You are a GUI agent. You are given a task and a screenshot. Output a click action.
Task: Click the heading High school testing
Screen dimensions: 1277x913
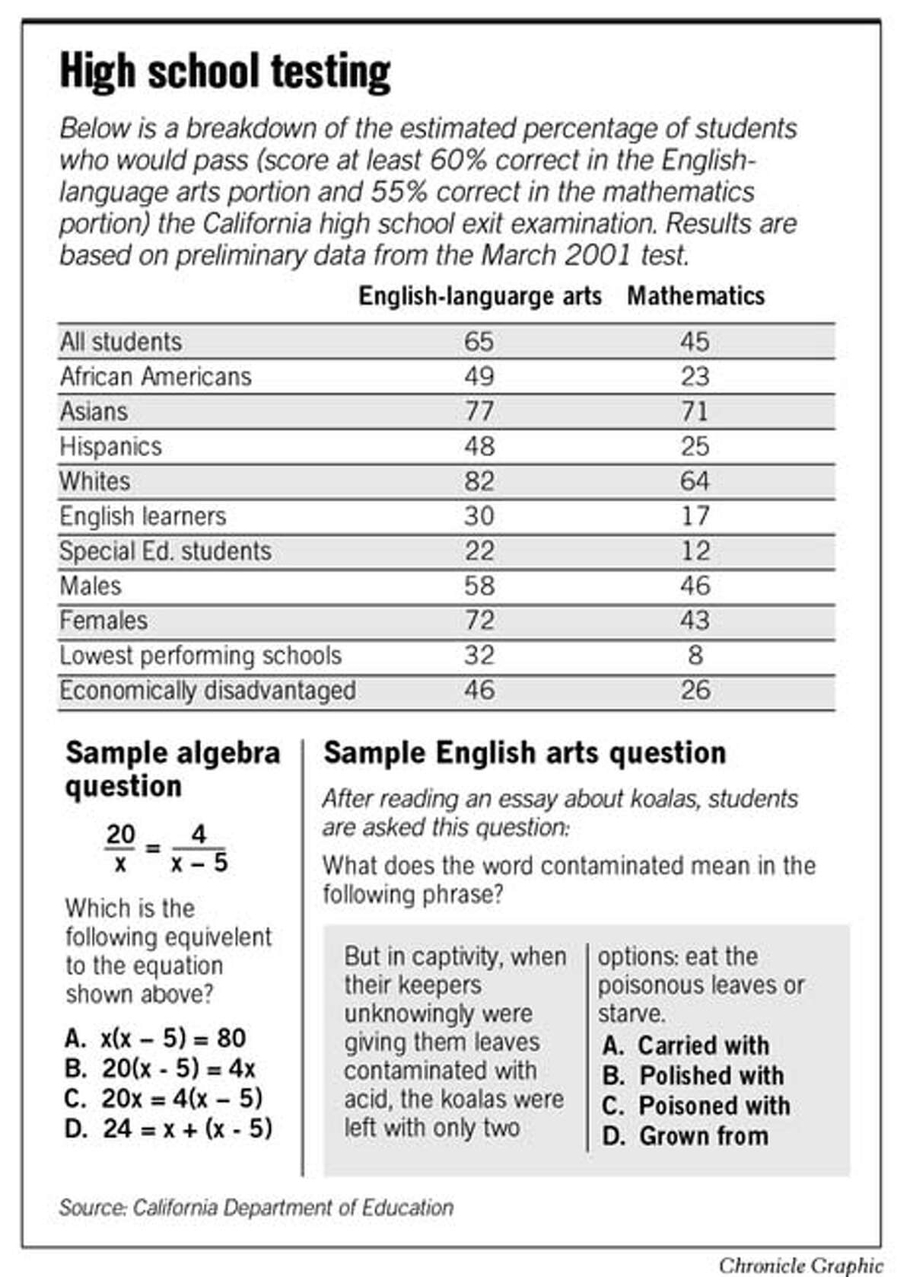(x=225, y=72)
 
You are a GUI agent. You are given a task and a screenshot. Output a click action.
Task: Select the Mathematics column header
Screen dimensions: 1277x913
(x=695, y=296)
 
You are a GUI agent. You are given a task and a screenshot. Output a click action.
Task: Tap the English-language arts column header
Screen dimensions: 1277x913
(x=480, y=296)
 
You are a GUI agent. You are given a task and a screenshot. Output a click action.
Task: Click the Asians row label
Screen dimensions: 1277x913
(x=94, y=411)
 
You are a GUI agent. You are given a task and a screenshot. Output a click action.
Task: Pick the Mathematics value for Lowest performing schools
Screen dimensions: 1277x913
(x=695, y=656)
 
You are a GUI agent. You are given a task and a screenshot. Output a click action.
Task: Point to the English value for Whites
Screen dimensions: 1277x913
(x=479, y=481)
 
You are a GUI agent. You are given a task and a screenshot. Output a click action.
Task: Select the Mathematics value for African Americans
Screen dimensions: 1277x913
(x=695, y=376)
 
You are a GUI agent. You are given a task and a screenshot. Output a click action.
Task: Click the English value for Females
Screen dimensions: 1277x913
(x=479, y=621)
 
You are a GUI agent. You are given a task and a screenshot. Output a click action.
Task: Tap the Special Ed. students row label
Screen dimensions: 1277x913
(x=165, y=551)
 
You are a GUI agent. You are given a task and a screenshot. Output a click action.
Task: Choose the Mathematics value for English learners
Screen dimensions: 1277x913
(x=695, y=516)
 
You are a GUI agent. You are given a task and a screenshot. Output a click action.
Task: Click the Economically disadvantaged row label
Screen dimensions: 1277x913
(x=208, y=691)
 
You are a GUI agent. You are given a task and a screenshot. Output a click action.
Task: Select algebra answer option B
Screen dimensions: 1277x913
(x=161, y=1068)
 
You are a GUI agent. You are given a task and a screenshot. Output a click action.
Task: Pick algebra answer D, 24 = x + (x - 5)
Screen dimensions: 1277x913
(x=168, y=1129)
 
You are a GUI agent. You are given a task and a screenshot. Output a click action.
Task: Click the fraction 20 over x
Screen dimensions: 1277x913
(x=120, y=848)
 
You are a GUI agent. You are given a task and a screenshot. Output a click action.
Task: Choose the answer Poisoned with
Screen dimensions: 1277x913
(x=696, y=1106)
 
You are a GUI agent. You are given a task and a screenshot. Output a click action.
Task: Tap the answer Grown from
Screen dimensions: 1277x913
(x=686, y=1136)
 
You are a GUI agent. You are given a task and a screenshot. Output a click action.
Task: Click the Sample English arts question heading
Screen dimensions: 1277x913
(x=525, y=753)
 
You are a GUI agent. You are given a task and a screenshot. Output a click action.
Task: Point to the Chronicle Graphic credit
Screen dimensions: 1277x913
(x=800, y=1265)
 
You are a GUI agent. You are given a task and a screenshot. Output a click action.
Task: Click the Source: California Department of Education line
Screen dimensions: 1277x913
(x=256, y=1208)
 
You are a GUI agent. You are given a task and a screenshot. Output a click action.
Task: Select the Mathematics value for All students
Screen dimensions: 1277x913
(x=695, y=342)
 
